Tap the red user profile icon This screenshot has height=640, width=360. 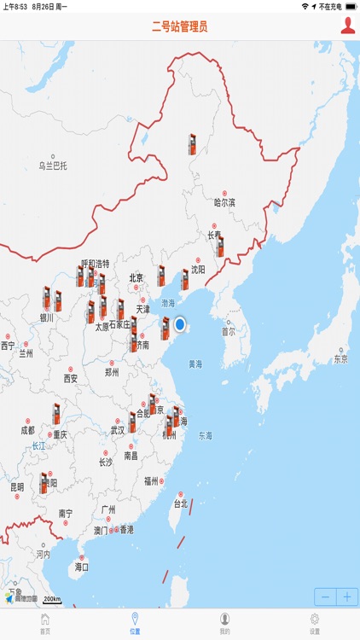click(x=348, y=26)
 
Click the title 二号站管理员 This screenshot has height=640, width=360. click(x=180, y=26)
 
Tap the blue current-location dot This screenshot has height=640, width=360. click(x=180, y=325)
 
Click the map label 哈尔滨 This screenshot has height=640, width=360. click(x=224, y=202)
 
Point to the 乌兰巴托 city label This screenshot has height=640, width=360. click(x=52, y=165)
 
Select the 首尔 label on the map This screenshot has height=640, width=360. click(x=228, y=331)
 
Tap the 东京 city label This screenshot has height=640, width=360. click(x=340, y=358)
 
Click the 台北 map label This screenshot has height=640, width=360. click(x=180, y=503)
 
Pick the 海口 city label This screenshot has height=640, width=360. click(x=82, y=566)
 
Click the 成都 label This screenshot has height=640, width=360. click(x=27, y=430)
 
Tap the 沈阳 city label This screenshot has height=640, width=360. click(x=198, y=269)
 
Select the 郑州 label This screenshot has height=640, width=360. click(x=112, y=372)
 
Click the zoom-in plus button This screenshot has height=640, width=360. click(x=347, y=597)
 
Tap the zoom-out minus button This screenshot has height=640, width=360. click(x=325, y=597)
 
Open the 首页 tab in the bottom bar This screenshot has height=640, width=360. click(x=45, y=624)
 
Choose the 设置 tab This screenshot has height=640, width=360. click(x=315, y=624)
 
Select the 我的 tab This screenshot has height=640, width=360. click(x=225, y=624)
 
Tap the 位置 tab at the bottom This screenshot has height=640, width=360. click(x=135, y=624)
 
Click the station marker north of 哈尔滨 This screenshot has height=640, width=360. click(x=193, y=143)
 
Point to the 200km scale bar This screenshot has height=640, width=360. click(x=52, y=600)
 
